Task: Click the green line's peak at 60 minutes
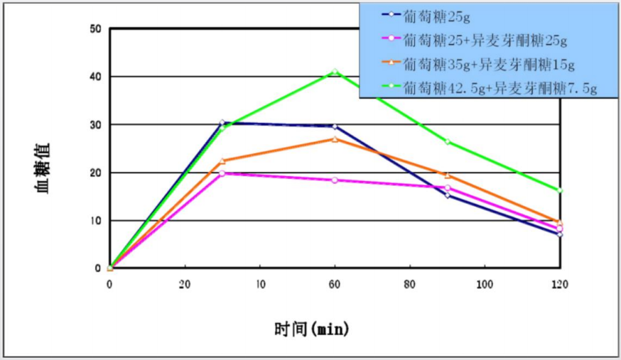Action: [335, 72]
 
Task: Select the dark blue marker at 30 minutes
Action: [222, 123]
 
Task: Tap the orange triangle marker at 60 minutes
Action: [335, 138]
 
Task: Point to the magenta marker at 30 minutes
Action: [222, 173]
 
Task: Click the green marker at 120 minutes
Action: [560, 190]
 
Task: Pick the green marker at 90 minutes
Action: [447, 141]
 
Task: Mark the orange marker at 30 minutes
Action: [222, 160]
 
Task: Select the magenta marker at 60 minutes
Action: [335, 180]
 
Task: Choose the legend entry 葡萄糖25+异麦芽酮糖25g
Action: [484, 39]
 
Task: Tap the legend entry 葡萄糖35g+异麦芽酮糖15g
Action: [488, 64]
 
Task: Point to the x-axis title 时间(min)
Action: [312, 329]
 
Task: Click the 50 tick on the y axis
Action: [96, 29]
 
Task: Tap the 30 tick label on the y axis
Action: [96, 125]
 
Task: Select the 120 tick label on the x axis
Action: [559, 283]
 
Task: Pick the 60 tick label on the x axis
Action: [335, 283]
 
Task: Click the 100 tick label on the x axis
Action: [484, 283]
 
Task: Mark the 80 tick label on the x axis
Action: [409, 283]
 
